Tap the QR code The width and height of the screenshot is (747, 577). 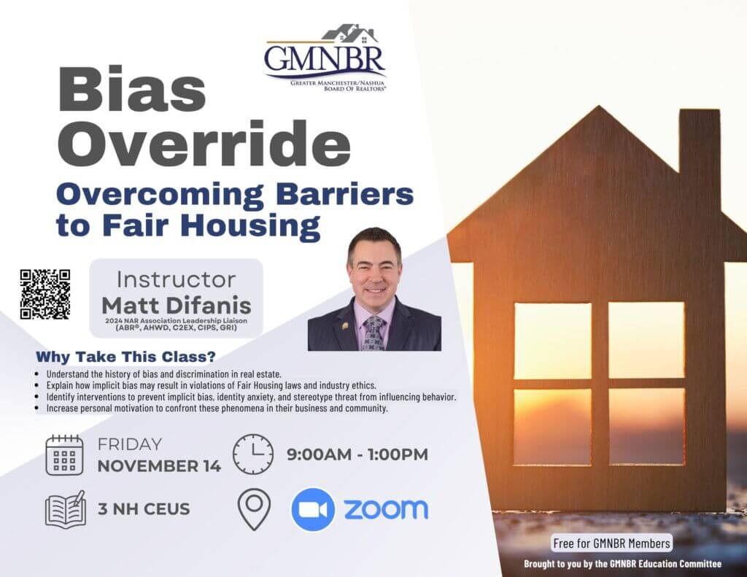(44, 294)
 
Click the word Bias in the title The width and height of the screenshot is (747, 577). (132, 90)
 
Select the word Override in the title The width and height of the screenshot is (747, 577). (204, 142)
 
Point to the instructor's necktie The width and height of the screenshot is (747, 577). (374, 333)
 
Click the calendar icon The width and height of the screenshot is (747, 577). (64, 455)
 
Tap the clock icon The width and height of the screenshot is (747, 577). (253, 454)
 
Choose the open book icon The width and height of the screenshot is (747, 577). (65, 508)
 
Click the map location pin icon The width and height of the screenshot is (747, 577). (254, 509)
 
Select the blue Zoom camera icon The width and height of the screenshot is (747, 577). (312, 509)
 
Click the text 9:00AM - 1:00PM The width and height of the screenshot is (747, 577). (357, 454)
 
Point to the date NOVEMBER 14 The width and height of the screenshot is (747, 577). (159, 466)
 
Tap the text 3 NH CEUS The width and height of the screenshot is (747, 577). (144, 509)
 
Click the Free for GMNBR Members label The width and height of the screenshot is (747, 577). (612, 543)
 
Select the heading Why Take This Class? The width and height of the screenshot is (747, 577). (125, 357)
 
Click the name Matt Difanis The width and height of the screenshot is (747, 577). (177, 306)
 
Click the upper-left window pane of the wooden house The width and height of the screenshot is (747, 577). (553, 341)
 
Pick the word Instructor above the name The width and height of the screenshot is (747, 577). (177, 279)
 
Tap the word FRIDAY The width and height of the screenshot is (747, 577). (130, 444)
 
